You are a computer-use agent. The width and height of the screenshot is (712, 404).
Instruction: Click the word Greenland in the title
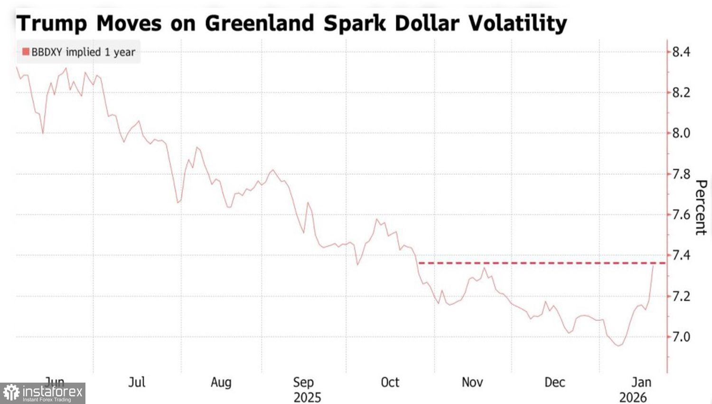point(260,23)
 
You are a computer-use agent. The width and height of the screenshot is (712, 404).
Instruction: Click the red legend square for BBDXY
point(26,52)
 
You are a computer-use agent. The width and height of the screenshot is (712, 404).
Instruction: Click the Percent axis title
point(701,207)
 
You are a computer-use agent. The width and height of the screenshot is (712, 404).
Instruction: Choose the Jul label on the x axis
point(137,382)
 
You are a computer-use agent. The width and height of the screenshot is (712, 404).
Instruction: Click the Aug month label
point(221,382)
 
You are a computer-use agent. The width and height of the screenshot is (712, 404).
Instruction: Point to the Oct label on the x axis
point(390,382)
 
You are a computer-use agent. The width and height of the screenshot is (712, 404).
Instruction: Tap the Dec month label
point(554,382)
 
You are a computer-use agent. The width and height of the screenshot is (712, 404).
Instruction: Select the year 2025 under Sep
point(307,397)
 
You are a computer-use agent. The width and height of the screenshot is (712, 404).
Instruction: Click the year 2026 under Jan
point(633,397)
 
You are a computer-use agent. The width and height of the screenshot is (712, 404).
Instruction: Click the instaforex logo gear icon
point(11,393)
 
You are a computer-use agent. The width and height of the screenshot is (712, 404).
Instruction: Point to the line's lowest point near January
point(618,346)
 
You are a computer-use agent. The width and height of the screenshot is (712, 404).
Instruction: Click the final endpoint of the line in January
point(653,265)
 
